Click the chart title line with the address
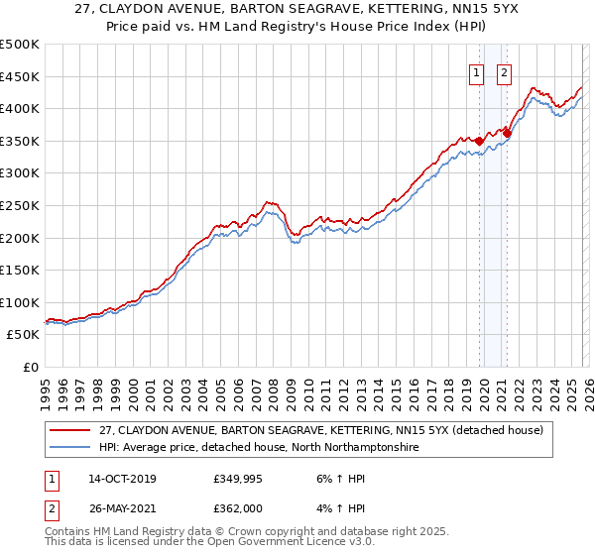297,9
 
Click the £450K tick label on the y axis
20,76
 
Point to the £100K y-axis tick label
20,302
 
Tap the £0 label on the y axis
32,367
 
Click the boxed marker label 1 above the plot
477,71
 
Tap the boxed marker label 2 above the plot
504,71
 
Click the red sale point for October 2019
479,140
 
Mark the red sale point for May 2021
507,132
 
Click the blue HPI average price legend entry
258,448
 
